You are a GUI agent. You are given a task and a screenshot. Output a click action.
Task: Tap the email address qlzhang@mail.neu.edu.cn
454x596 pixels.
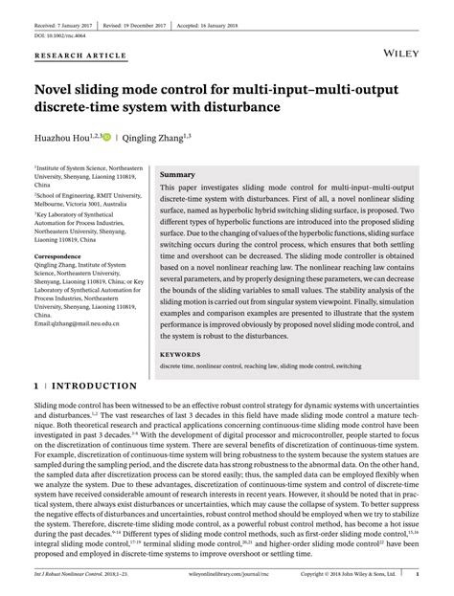[78, 324]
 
